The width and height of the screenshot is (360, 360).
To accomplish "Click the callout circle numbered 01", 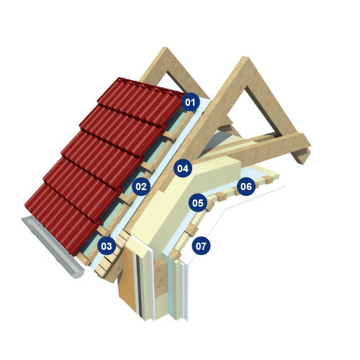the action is [190, 102].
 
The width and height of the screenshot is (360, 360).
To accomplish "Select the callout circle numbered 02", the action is [141, 186].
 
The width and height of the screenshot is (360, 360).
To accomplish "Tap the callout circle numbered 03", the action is [107, 246].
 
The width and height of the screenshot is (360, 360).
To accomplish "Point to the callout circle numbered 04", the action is [183, 168].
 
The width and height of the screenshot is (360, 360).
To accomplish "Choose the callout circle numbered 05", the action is [198, 203].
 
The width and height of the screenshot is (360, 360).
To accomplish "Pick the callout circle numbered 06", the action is [246, 186].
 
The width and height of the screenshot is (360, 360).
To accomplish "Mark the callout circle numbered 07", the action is [201, 246].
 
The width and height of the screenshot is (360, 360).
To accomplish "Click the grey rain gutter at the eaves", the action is [52, 247].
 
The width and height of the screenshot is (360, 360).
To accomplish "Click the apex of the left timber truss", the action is [165, 49].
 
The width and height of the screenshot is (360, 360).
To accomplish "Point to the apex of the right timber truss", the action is [245, 58].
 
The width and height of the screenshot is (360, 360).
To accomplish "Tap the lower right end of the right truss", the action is [303, 156].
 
